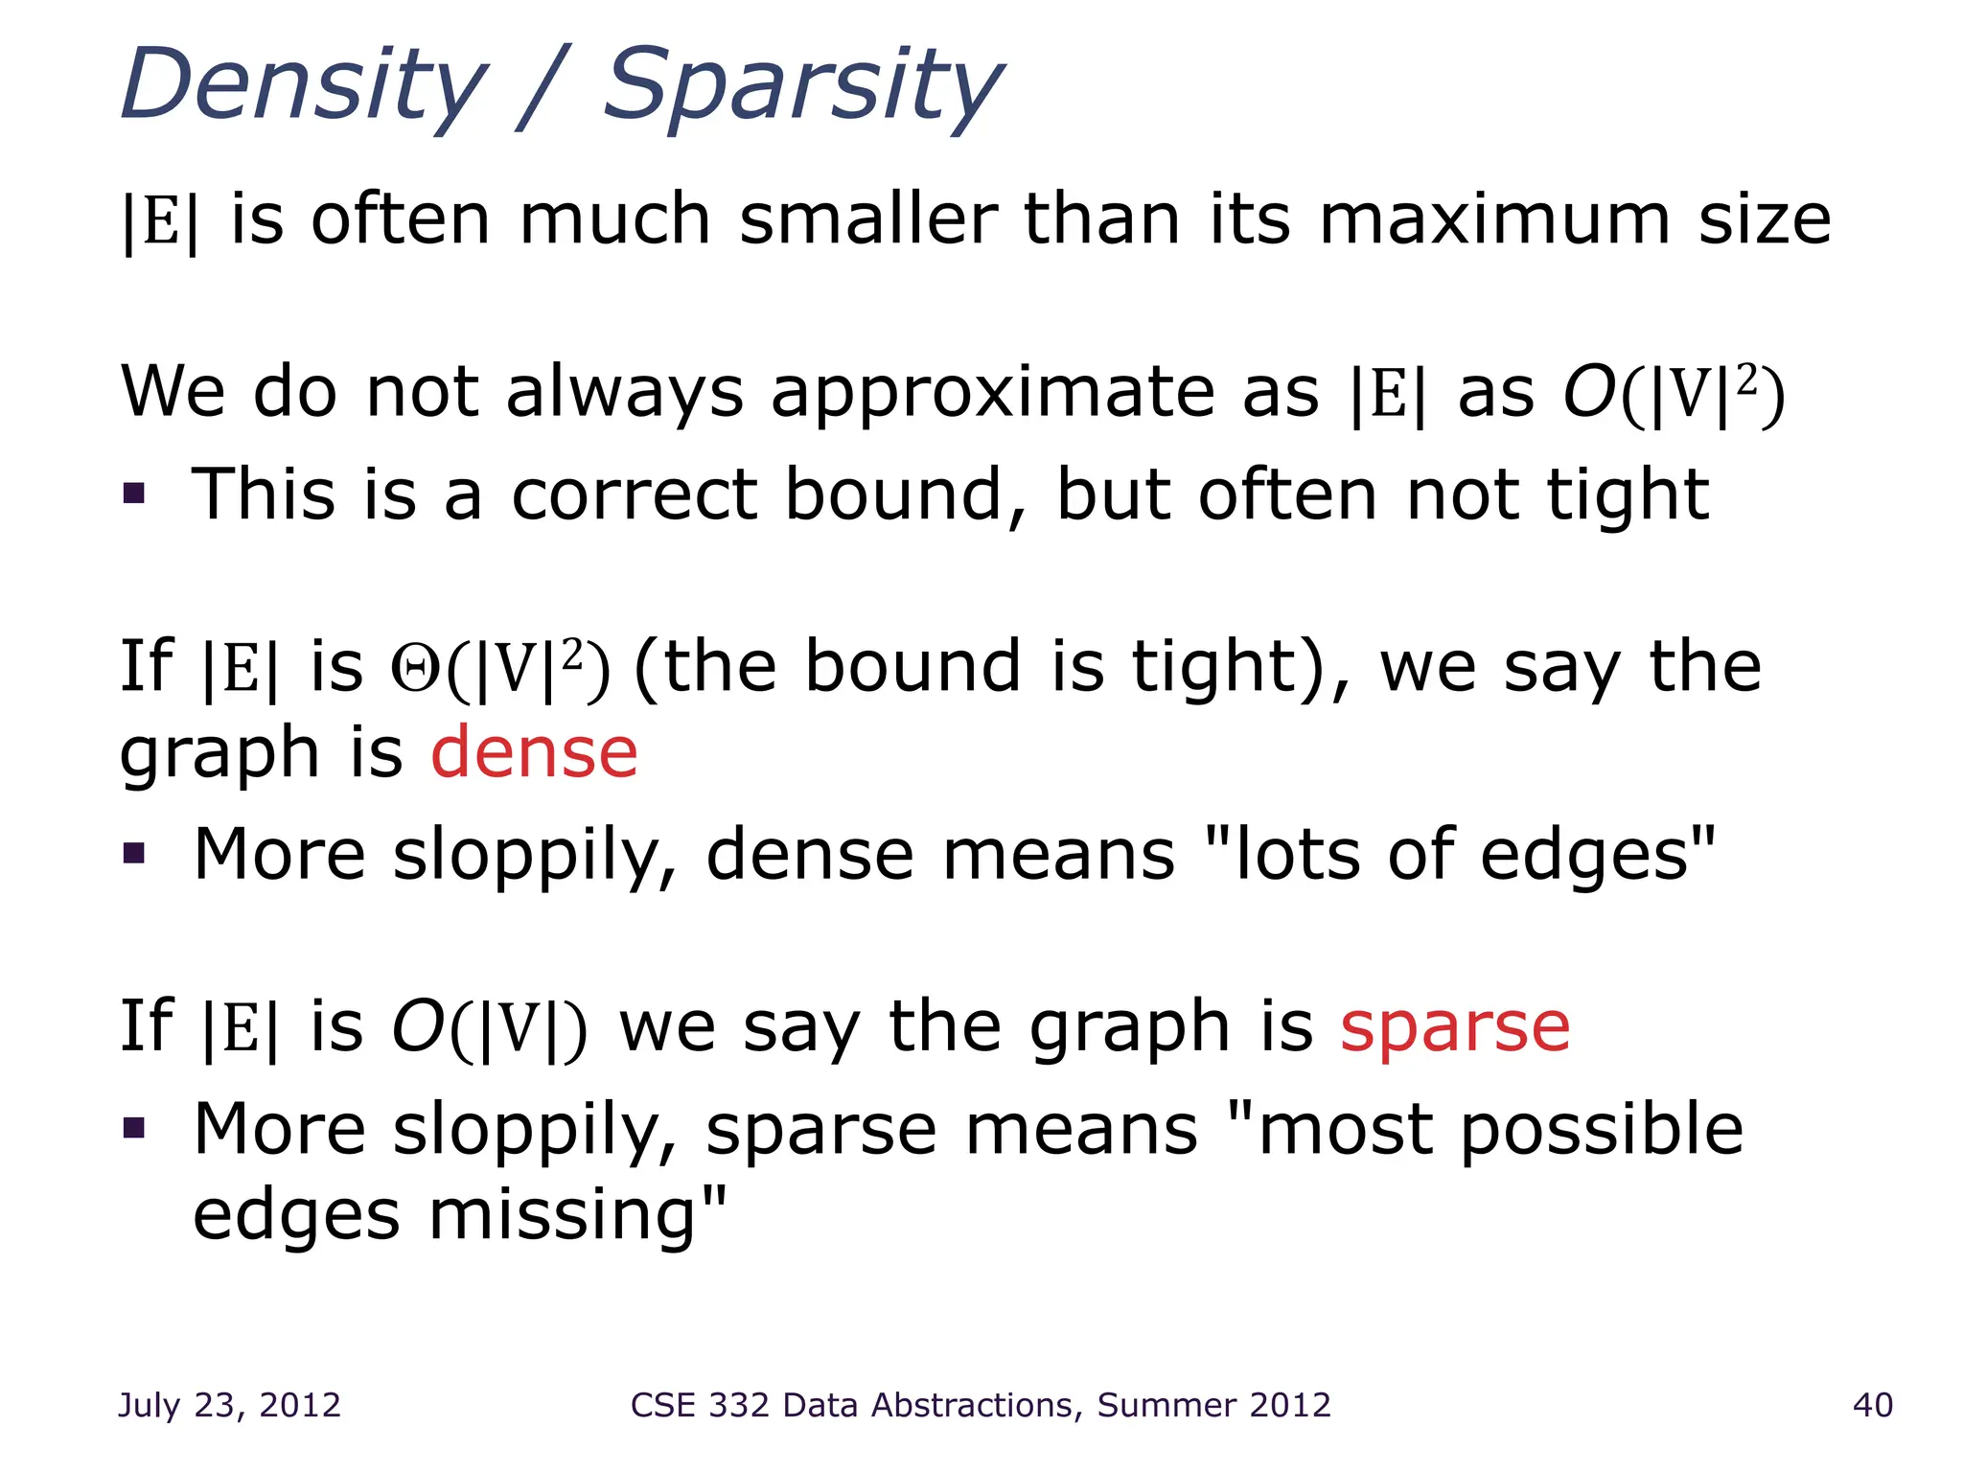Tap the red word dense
(x=534, y=752)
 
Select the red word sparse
(x=1455, y=1028)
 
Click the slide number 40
(x=1872, y=1405)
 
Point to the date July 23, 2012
(x=229, y=1405)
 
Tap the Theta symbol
(x=414, y=669)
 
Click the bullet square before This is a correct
(x=134, y=494)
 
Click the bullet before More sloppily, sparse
(x=134, y=1128)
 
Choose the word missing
(x=564, y=1215)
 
